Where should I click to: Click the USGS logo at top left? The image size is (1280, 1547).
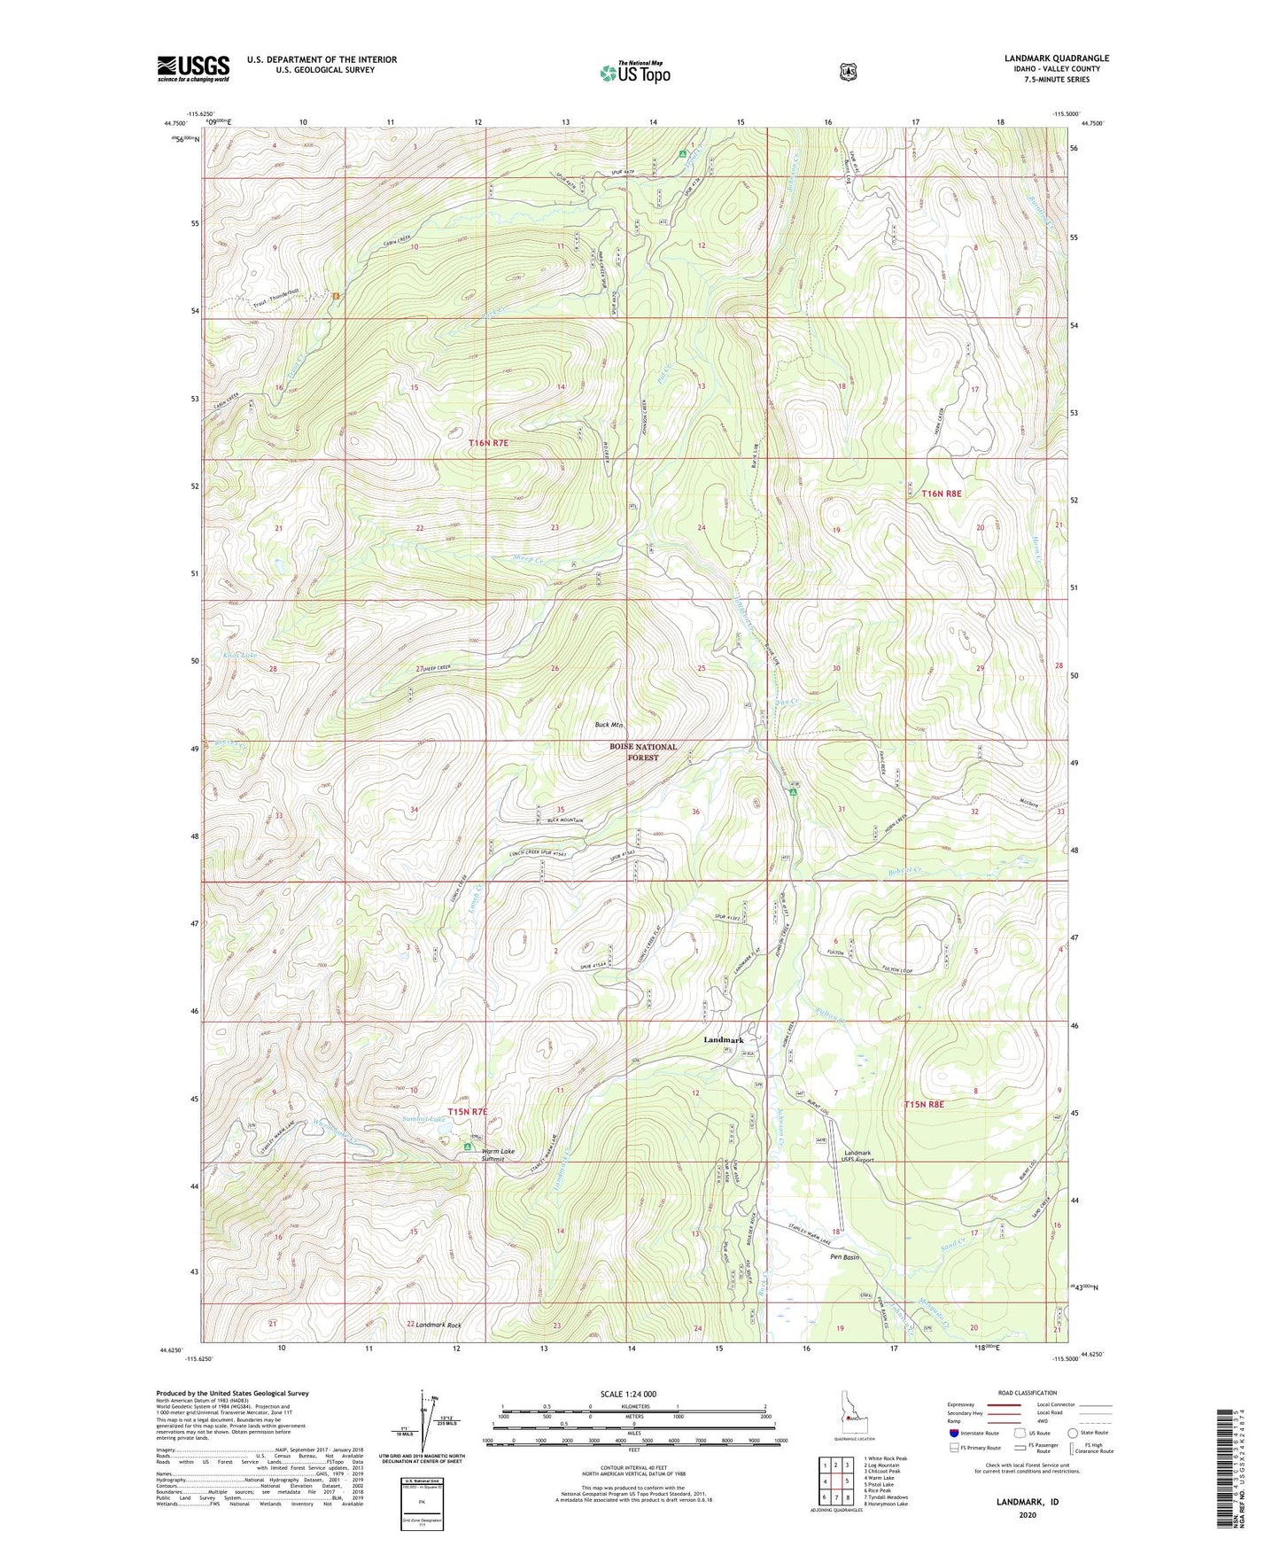193,68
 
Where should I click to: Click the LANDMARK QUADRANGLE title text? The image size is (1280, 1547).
1056,58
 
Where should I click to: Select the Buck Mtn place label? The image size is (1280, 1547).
609,725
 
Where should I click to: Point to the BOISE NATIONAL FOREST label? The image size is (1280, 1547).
643,752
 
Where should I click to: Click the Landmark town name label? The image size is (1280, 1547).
724,1039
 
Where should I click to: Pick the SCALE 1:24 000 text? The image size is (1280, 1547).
628,1395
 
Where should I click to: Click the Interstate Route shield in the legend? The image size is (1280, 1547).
953,1433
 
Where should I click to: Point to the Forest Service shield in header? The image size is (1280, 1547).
848,71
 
